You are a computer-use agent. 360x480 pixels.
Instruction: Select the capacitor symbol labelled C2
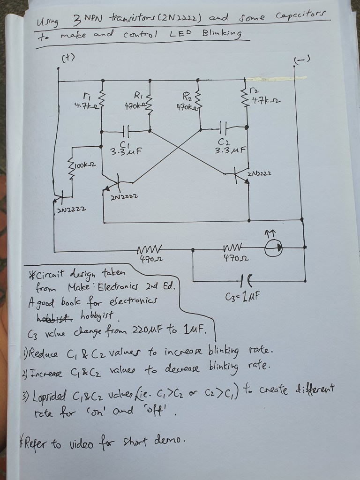223,127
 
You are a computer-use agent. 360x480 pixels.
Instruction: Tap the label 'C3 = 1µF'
242,297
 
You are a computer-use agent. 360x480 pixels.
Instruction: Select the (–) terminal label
302,60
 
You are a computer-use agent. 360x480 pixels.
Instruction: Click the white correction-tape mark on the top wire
277,78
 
